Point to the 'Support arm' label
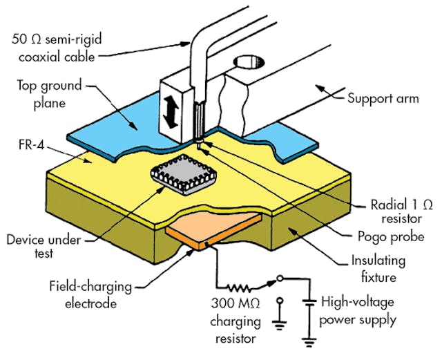[384, 98]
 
